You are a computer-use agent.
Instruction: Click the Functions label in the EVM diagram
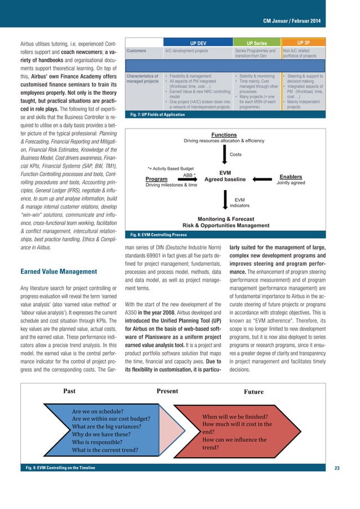(224, 134)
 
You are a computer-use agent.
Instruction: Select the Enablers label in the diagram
(291, 177)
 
